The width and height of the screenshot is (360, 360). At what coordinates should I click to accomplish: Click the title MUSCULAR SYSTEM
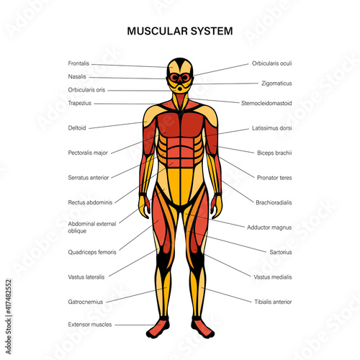[180, 31]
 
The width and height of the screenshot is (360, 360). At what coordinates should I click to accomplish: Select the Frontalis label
[78, 63]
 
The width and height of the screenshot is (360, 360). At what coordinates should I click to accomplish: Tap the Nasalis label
[77, 76]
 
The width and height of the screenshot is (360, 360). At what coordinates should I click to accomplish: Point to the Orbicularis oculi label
[271, 63]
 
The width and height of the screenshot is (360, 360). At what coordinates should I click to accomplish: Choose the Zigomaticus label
[276, 84]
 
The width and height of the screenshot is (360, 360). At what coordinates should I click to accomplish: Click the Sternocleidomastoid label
[266, 103]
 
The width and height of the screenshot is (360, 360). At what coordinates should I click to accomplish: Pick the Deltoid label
[77, 128]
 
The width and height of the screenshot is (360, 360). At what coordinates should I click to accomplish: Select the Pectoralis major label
[88, 153]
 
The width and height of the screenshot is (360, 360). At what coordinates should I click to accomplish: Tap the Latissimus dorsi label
[271, 128]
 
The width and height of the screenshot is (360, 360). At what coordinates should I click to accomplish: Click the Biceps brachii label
[274, 153]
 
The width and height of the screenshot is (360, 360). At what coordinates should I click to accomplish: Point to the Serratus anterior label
[89, 178]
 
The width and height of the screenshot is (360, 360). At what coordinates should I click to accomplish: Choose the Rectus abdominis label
[90, 202]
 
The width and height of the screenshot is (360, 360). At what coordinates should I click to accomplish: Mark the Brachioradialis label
[274, 202]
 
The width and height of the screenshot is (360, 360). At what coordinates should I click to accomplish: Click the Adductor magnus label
[269, 228]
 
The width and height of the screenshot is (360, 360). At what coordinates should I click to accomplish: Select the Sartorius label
[281, 252]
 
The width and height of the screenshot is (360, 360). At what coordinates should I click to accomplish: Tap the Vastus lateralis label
[86, 277]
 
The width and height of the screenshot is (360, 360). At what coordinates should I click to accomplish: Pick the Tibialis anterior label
[273, 302]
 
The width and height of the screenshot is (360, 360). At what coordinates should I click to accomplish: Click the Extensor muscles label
[90, 325]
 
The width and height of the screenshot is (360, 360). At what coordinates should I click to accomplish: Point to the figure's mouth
[179, 88]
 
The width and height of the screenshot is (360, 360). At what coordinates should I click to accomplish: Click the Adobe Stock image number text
[9, 297]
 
